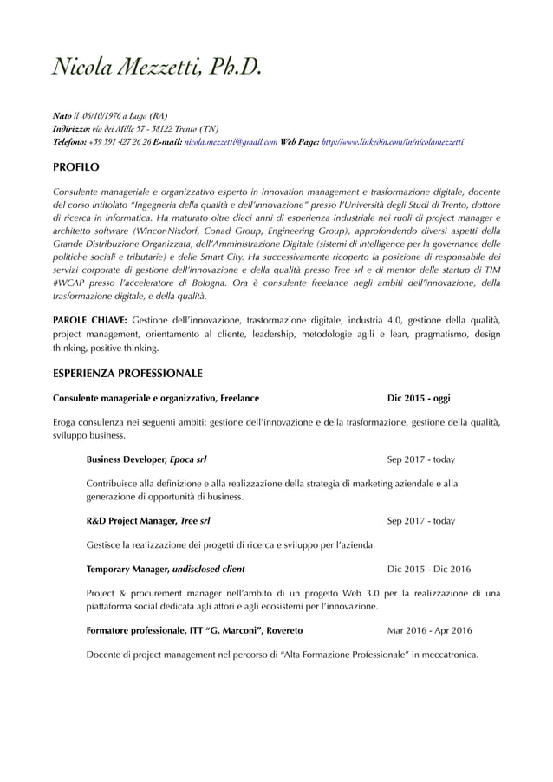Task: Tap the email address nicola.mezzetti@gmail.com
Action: click(x=231, y=140)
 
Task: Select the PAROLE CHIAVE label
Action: click(x=90, y=320)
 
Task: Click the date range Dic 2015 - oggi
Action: click(x=419, y=399)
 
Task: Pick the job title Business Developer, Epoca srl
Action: click(x=146, y=459)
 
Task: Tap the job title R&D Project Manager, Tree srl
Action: click(x=148, y=521)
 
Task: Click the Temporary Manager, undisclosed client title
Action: click(x=166, y=570)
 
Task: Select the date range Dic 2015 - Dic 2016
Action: click(x=429, y=570)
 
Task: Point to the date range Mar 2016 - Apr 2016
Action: click(x=429, y=630)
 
